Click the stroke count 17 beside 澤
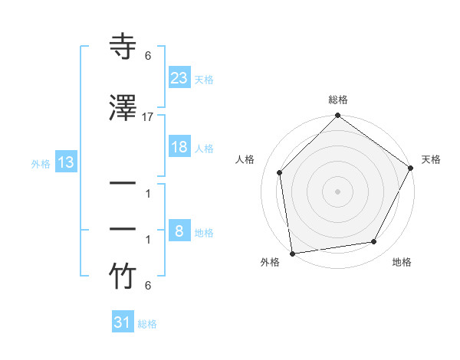(148, 117)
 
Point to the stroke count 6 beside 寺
(148, 56)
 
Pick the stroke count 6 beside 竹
(148, 286)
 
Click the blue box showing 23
(179, 77)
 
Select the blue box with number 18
(179, 147)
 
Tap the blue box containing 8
(179, 231)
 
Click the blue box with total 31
(123, 322)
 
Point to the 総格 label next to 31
(147, 324)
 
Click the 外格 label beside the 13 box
(41, 163)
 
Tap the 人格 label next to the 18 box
(203, 148)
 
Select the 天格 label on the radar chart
(431, 159)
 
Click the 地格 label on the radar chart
(402, 262)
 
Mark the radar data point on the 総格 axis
(337, 116)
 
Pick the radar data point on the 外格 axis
(292, 253)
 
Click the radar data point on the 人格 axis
(280, 172)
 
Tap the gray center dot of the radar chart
(337, 191)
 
